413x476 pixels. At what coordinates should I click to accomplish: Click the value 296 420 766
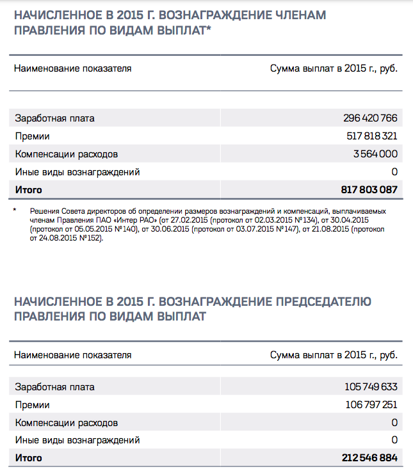coord(370,118)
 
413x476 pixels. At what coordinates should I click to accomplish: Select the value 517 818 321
coord(371,136)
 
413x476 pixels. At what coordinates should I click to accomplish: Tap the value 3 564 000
coord(375,154)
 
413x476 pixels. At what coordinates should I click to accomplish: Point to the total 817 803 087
coord(369,190)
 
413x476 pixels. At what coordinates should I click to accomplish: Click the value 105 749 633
coord(371,387)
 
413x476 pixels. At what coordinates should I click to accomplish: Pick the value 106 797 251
coord(371,405)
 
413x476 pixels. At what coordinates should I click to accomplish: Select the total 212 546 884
coord(369,459)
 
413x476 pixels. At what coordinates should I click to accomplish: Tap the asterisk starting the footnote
coord(15,210)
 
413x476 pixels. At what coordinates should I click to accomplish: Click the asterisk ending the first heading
coord(209,29)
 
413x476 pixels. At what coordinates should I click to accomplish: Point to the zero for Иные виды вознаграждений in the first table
coord(394,172)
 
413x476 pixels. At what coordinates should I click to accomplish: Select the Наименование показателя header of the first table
coord(72,68)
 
